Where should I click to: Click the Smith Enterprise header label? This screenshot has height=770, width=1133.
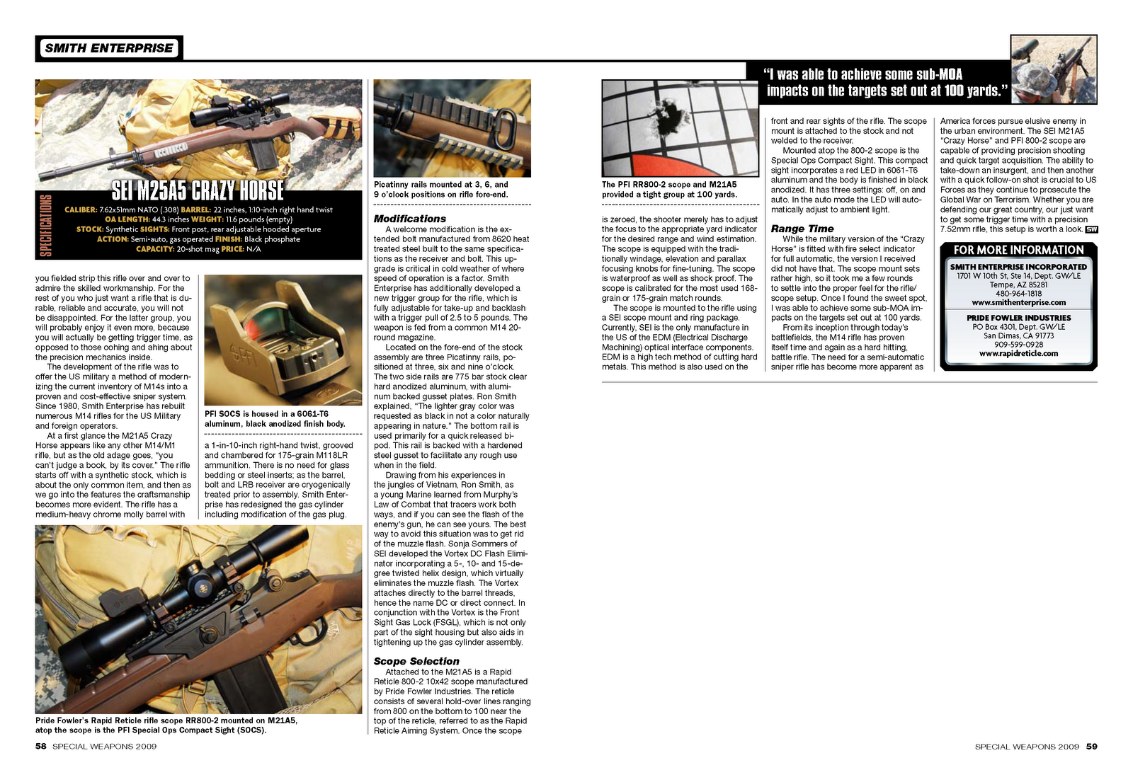tap(109, 48)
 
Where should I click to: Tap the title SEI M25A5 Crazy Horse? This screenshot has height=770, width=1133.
tap(198, 190)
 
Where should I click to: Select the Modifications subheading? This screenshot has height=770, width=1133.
tap(410, 219)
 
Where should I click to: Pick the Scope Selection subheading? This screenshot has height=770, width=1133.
tap(416, 661)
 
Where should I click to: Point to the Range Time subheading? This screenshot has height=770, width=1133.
tap(802, 229)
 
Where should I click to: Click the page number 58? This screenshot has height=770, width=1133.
tap(40, 746)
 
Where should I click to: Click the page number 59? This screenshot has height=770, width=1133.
tap(1091, 746)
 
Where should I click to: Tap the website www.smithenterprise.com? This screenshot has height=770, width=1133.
tap(1019, 303)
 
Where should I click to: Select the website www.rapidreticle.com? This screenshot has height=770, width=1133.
tap(1019, 354)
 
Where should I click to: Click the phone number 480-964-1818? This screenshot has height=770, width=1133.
tap(1019, 294)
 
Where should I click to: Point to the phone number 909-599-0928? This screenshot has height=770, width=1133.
tap(1019, 345)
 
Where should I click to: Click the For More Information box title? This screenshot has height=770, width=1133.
tap(1019, 251)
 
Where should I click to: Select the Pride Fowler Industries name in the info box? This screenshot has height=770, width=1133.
tap(1019, 318)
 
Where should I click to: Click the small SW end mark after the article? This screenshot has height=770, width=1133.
tap(1091, 229)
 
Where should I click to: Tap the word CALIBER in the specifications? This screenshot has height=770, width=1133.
tap(81, 209)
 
